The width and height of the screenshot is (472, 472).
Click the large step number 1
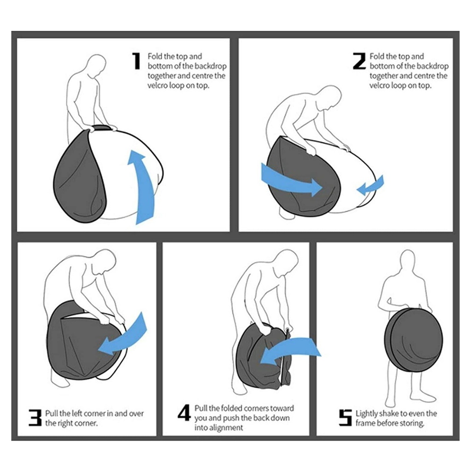pos(136,61)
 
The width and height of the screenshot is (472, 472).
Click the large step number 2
pos(359,61)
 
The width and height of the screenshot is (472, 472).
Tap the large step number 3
pos(35,418)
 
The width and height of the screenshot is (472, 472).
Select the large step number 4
pos(184,413)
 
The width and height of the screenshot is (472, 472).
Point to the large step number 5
pos(345,418)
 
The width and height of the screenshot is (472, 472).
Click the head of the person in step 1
pos(96,65)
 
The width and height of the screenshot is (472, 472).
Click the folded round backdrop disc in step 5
pos(413,341)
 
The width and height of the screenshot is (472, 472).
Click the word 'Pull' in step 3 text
pos(52,413)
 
